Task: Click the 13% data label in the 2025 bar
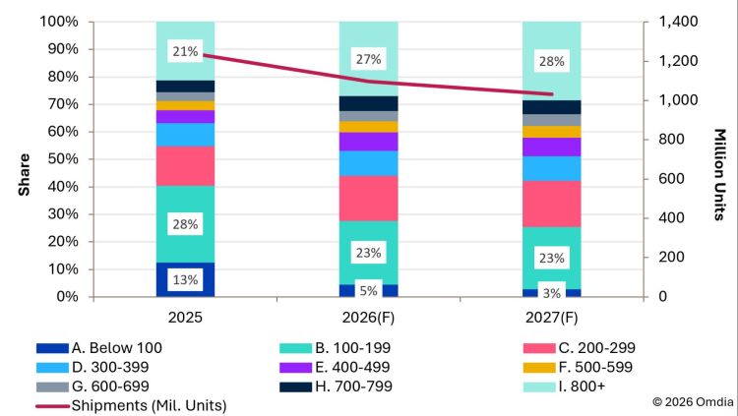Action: pos(185,280)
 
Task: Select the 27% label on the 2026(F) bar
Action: pos(369,59)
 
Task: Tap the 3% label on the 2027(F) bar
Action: pos(552,293)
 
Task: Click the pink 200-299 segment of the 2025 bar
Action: pos(185,165)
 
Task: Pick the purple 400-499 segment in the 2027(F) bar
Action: pos(552,147)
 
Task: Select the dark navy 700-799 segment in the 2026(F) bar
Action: pos(369,103)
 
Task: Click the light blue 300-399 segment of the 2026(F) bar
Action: pos(369,163)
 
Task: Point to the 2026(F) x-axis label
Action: pos(368,318)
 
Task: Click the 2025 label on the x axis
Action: pos(185,318)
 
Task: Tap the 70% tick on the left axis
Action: pos(63,104)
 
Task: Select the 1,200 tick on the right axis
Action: pos(677,61)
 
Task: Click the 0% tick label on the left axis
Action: pos(67,296)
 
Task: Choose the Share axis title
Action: pos(24,175)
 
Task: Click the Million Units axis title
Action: pos(719,175)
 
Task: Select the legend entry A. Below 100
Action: pos(99,348)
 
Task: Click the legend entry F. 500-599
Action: pos(578,367)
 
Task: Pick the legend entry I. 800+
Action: pos(565,386)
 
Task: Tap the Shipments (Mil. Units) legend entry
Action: pos(131,405)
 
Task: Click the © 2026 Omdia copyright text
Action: pos(693,402)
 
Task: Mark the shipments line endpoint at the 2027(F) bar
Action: pos(552,94)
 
